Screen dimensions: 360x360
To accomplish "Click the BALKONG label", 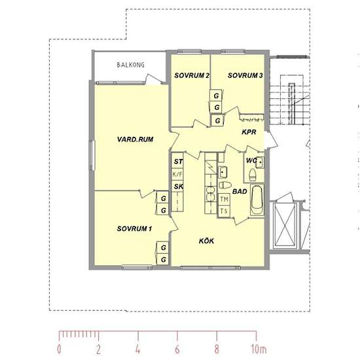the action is tap(131, 65).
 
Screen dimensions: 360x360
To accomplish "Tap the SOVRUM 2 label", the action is tap(192, 75).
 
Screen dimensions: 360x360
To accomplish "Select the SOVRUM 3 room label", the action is tap(245, 75).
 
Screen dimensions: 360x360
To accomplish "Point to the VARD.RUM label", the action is tap(135, 139).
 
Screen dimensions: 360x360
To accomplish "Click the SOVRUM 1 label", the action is tap(134, 228).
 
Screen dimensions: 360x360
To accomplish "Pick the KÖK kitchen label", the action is tap(206, 241).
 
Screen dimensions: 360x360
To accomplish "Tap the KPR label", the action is tap(249, 132).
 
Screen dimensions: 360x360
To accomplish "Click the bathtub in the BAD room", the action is tap(257, 200).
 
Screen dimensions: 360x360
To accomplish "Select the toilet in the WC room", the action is tap(253, 175).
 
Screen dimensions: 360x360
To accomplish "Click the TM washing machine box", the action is tap(224, 200).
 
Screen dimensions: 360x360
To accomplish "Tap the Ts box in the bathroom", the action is tap(224, 211).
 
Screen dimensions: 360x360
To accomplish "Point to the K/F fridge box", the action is tap(177, 175).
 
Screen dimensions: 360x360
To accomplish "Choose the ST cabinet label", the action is tap(179, 162).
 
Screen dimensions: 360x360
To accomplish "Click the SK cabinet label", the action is tap(179, 187).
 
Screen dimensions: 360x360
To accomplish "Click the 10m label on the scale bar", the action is tap(259, 350).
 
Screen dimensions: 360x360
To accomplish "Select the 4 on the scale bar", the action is tap(137, 350).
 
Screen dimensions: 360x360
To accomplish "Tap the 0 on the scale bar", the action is tap(59, 350).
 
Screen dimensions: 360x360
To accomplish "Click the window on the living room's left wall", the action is tap(92, 155).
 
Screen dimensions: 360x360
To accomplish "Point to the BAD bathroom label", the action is tap(240, 192).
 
